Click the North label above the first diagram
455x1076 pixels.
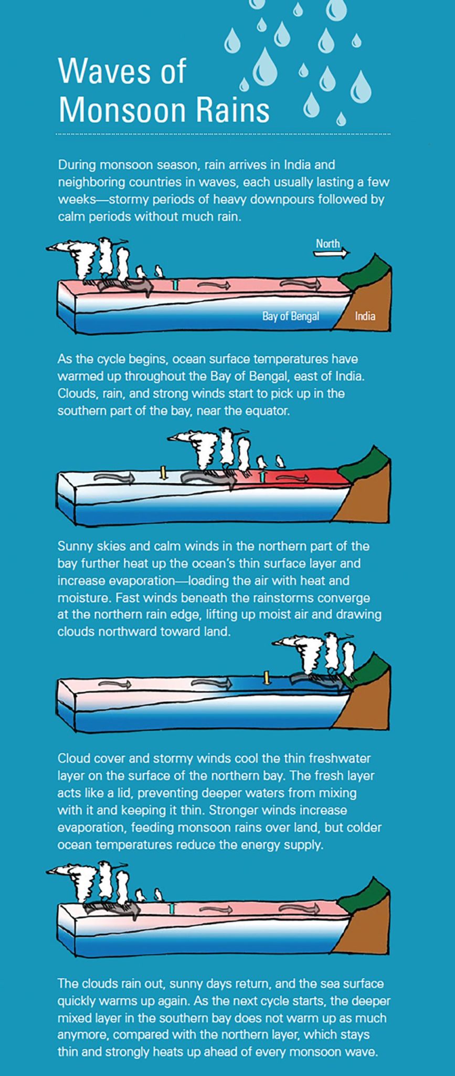pos(328,243)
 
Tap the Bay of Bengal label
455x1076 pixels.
pos(291,316)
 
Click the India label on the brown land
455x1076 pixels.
pos(365,316)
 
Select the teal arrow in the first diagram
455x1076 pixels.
pos(176,284)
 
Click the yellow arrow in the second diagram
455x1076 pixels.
pos(163,472)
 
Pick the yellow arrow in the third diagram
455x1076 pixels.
pos(267,677)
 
